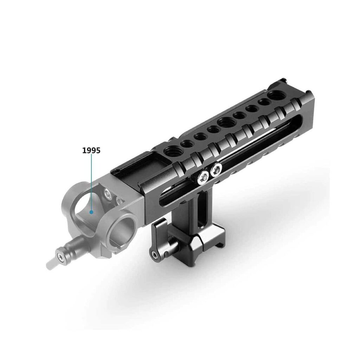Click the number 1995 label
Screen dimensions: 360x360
coord(91,150)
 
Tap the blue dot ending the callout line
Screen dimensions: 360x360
coord(91,212)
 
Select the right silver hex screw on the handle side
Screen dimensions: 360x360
coord(216,169)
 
